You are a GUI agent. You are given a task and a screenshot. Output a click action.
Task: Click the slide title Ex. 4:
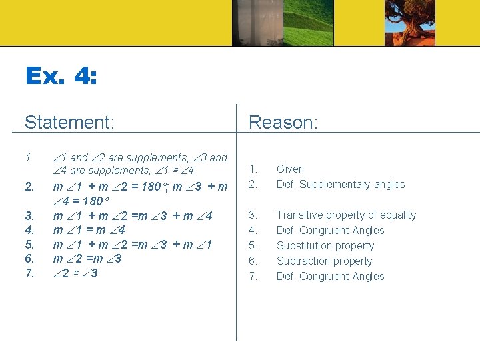pyautogui.click(x=61, y=76)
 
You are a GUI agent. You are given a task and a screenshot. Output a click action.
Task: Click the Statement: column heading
pyautogui.click(x=70, y=123)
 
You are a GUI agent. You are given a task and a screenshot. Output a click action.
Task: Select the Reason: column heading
pyautogui.click(x=283, y=123)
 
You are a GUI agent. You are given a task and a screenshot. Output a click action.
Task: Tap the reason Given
pyautogui.click(x=290, y=169)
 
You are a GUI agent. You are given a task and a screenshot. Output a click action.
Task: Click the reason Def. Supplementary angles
pyautogui.click(x=341, y=185)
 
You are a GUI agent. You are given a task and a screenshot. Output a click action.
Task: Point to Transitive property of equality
pyautogui.click(x=346, y=215)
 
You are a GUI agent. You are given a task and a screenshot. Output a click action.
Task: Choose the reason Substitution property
pyautogui.click(x=325, y=246)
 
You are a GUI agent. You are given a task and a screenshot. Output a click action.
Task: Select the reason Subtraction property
pyautogui.click(x=324, y=261)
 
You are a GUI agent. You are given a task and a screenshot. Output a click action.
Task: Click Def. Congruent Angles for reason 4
pyautogui.click(x=330, y=231)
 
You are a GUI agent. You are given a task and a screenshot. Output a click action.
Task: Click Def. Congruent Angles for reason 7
pyautogui.click(x=330, y=277)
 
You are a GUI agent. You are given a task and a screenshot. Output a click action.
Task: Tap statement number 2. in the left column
pyautogui.click(x=29, y=187)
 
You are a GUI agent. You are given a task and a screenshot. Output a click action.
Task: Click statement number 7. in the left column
pyautogui.click(x=29, y=273)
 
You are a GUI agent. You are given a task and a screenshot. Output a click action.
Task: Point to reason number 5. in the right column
pyautogui.click(x=253, y=246)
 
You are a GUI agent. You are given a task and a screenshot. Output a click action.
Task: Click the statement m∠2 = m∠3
pyautogui.click(x=87, y=259)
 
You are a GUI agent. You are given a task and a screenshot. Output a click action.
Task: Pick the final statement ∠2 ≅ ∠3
pyautogui.click(x=75, y=273)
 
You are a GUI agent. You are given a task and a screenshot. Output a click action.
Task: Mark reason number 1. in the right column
pyautogui.click(x=253, y=169)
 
